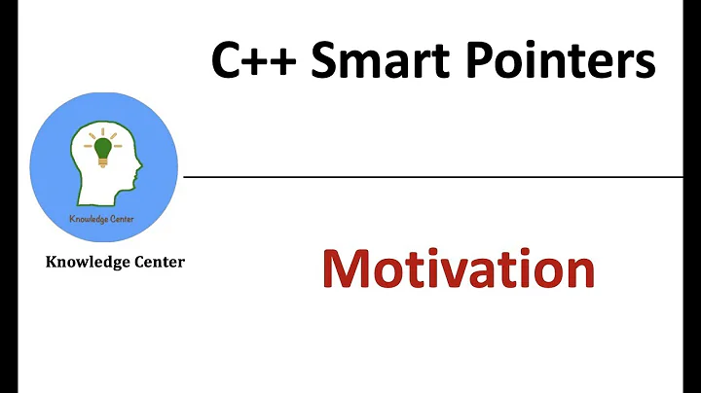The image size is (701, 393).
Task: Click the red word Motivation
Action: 458,269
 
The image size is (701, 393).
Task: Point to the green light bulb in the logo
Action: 103,150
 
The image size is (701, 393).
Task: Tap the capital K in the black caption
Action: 52,263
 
